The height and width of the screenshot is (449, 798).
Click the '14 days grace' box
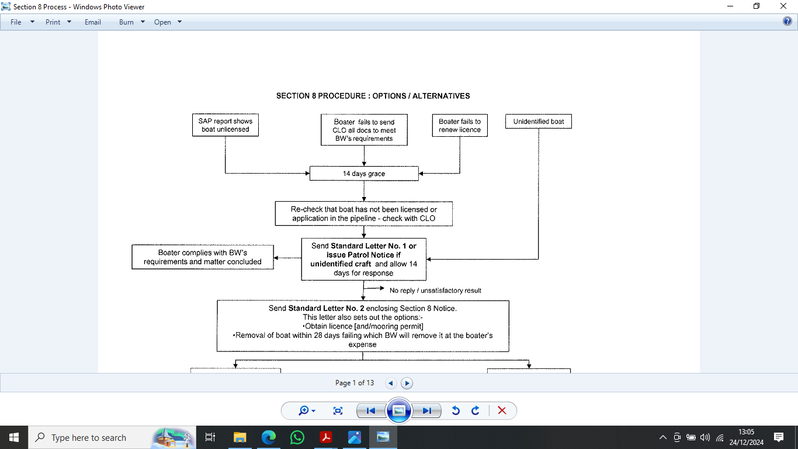pyautogui.click(x=364, y=173)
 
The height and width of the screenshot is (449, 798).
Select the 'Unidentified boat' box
pyautogui.click(x=538, y=121)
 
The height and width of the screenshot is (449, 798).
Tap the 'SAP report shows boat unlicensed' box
pyautogui.click(x=225, y=125)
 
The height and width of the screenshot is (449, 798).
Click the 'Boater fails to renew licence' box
pyautogui.click(x=460, y=125)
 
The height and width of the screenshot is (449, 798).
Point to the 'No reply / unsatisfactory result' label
pyautogui.click(x=435, y=291)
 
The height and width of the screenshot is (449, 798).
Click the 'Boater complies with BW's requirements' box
pyautogui.click(x=202, y=257)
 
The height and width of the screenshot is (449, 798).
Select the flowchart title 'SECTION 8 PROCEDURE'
pyautogui.click(x=321, y=96)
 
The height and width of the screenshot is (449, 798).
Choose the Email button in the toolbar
pyautogui.click(x=93, y=22)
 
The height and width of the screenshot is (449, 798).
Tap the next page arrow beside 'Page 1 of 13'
pyautogui.click(x=407, y=383)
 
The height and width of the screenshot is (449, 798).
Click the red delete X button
pyautogui.click(x=502, y=410)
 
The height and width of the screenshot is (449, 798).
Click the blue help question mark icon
pyautogui.click(x=787, y=22)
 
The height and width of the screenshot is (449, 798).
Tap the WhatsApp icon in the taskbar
pyautogui.click(x=297, y=437)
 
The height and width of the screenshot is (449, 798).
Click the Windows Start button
pyautogui.click(x=14, y=437)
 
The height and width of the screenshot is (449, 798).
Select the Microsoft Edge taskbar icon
pyautogui.click(x=269, y=437)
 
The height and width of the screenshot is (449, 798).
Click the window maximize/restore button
pyautogui.click(x=757, y=6)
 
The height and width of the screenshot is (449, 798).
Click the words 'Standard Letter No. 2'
pyautogui.click(x=326, y=308)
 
